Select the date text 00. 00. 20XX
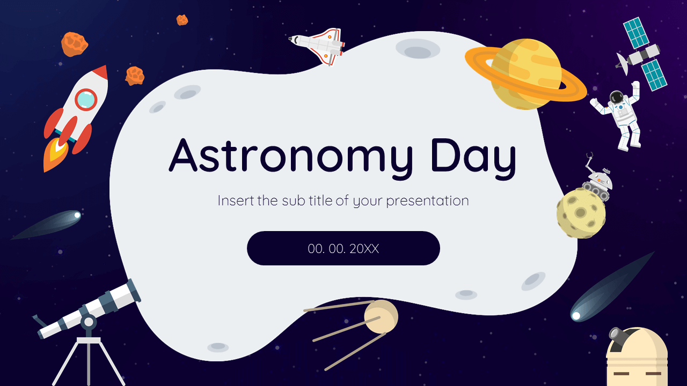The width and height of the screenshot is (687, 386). [343, 249]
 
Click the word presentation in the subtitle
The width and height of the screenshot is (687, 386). [427, 202]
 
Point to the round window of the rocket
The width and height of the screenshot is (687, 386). [86, 100]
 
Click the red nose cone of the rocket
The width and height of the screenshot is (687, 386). [101, 72]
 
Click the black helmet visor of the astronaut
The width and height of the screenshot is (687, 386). [616, 98]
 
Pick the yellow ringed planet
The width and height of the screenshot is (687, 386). [526, 74]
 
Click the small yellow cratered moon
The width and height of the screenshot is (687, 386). [581, 213]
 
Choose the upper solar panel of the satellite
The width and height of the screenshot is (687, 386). [636, 33]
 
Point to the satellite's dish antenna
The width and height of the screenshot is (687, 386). [623, 64]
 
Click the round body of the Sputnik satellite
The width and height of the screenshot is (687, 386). [381, 317]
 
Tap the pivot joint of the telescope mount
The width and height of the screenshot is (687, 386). [89, 322]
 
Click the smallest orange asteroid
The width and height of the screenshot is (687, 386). [182, 20]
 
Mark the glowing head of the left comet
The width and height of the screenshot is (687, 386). [77, 215]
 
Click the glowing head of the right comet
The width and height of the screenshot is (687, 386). [576, 316]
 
